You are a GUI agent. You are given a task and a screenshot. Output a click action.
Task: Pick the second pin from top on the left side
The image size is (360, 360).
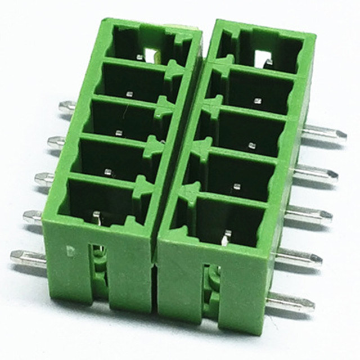(x=57, y=142)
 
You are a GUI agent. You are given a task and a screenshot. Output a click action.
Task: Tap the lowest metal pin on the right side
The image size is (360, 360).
(x=290, y=302)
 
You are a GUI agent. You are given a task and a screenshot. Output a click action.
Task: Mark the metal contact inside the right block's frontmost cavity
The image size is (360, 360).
(x=227, y=237)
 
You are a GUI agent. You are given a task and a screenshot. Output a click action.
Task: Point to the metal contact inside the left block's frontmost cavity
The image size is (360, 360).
(x=96, y=216)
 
